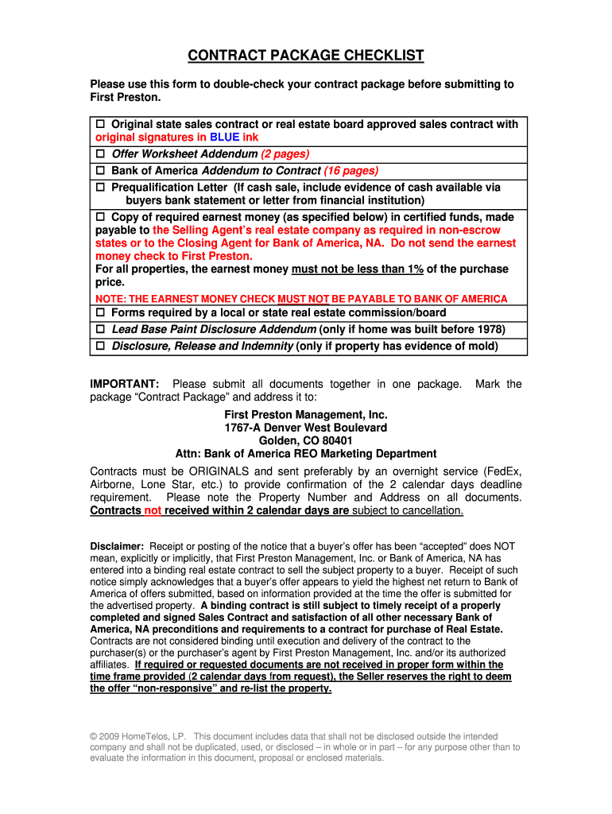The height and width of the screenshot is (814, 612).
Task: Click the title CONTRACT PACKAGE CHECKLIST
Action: (306, 56)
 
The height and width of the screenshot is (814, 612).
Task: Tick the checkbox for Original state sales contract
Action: (101, 125)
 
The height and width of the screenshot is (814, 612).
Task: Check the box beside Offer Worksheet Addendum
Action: (101, 154)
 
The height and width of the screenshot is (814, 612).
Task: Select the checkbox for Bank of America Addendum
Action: (101, 171)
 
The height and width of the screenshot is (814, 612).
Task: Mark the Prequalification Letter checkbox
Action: (101, 188)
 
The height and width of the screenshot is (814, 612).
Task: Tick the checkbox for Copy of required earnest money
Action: (101, 217)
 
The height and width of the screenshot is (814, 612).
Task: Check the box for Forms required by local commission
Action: (101, 313)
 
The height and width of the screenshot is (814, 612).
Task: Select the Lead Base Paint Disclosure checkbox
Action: (101, 330)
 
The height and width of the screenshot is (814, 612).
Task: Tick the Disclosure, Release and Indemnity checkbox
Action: (101, 347)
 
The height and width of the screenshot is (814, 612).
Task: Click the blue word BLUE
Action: (225, 138)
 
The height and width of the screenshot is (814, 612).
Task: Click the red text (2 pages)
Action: (285, 154)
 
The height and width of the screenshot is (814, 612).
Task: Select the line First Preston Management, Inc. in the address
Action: (306, 415)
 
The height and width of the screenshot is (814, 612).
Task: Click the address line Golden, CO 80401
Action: (306, 440)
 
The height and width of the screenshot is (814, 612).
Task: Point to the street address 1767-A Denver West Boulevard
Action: (306, 428)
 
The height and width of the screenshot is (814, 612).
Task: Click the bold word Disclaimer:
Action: (117, 547)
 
